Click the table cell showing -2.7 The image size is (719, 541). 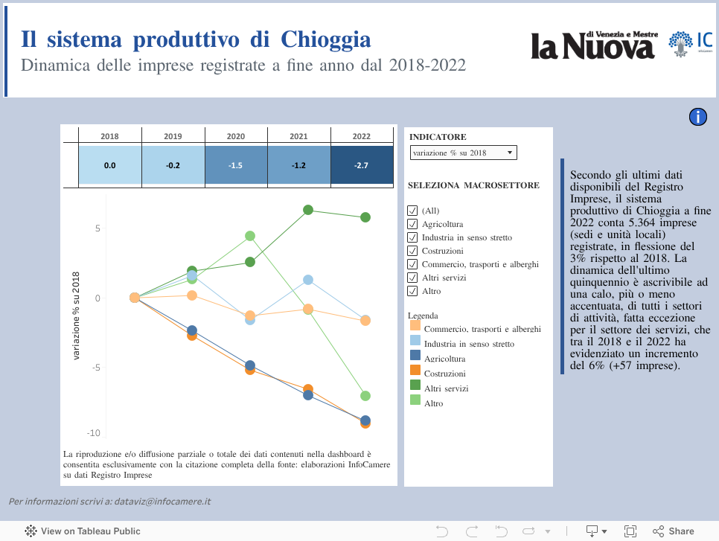tap(361, 165)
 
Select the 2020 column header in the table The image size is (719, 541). tap(235, 136)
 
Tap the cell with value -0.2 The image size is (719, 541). tap(173, 165)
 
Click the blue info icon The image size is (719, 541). tap(698, 117)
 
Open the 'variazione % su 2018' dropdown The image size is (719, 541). tap(463, 153)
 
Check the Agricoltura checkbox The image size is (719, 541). tap(412, 224)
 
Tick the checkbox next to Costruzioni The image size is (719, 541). tap(412, 251)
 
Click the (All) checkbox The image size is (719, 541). tap(412, 211)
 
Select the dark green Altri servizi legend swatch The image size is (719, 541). tap(415, 385)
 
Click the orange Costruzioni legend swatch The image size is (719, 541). tap(415, 370)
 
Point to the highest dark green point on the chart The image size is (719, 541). tap(307, 210)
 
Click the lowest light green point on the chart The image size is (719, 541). tap(365, 396)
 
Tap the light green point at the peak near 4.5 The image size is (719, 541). tap(250, 236)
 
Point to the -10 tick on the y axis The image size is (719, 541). tap(93, 433)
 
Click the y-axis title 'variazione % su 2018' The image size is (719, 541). tap(76, 316)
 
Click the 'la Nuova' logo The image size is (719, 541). tap(592, 45)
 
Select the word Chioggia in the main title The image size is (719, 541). tap(326, 39)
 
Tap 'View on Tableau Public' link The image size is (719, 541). tap(83, 531)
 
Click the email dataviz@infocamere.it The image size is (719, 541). tap(161, 502)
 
